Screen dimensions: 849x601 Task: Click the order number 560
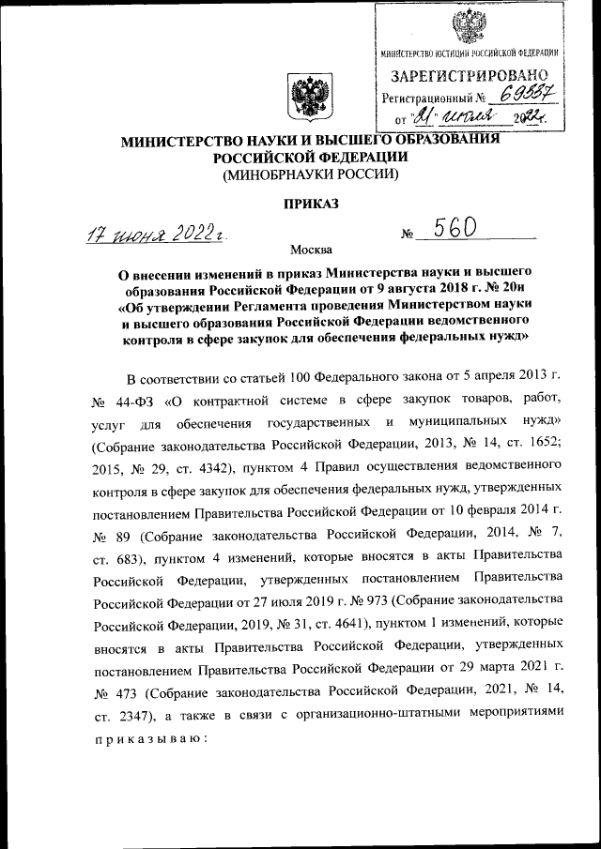451,229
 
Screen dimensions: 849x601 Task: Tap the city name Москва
311,250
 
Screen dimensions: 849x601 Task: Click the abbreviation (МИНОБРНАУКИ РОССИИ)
310,174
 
